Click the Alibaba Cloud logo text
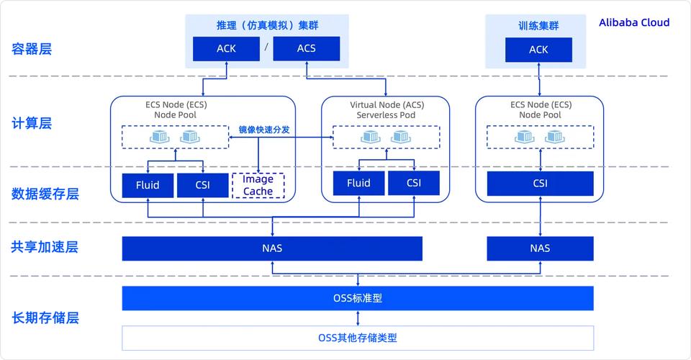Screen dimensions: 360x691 click(633, 22)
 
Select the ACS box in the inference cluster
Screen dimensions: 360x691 click(306, 49)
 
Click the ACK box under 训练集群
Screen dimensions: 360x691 click(538, 50)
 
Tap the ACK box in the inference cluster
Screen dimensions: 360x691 click(226, 49)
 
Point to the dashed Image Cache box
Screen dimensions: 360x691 click(258, 186)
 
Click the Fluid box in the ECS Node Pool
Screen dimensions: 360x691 click(148, 185)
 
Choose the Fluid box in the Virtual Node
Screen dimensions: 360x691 click(358, 183)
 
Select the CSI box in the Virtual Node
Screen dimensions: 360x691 click(413, 183)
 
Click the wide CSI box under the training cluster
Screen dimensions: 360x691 click(540, 184)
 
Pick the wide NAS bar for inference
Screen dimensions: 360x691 click(272, 248)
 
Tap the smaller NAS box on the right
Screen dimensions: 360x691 click(540, 248)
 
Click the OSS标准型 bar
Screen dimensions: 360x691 click(358, 298)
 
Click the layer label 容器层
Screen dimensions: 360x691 click(32, 49)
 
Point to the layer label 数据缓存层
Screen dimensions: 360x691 click(45, 194)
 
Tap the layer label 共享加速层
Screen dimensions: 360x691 click(45, 247)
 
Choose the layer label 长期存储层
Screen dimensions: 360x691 click(45, 318)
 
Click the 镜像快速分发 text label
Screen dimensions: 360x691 click(264, 130)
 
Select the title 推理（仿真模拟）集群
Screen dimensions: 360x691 click(267, 25)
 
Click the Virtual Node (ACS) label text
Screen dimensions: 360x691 click(387, 104)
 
